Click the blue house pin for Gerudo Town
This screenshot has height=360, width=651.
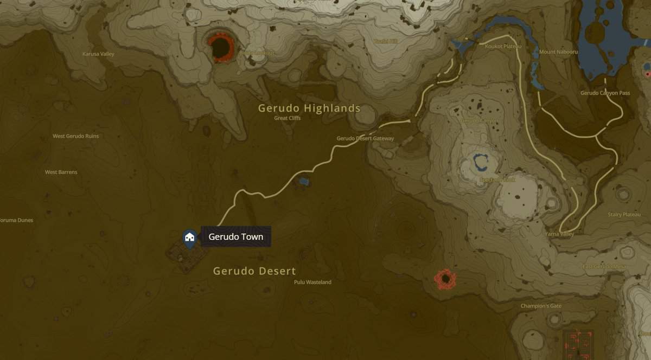tap(189, 237)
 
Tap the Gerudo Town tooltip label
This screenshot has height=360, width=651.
tap(235, 237)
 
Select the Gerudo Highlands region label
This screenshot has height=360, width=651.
tap(309, 108)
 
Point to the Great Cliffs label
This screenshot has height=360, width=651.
tap(288, 118)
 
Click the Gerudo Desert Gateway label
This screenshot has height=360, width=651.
tap(365, 139)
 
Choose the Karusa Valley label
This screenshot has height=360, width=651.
tap(98, 54)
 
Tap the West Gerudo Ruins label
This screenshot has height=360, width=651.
tap(75, 136)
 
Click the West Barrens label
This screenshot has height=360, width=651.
tap(61, 172)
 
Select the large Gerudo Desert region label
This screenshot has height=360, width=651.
tap(254, 271)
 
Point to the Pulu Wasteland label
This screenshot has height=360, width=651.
tap(312, 282)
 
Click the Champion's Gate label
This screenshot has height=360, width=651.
tap(541, 306)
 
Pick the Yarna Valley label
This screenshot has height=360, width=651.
tap(559, 234)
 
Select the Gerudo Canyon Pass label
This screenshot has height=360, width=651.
tap(605, 93)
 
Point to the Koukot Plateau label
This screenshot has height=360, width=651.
tap(502, 47)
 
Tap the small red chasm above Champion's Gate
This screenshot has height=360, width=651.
tap(445, 279)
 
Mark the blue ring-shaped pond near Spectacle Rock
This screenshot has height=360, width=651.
tap(481, 162)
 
